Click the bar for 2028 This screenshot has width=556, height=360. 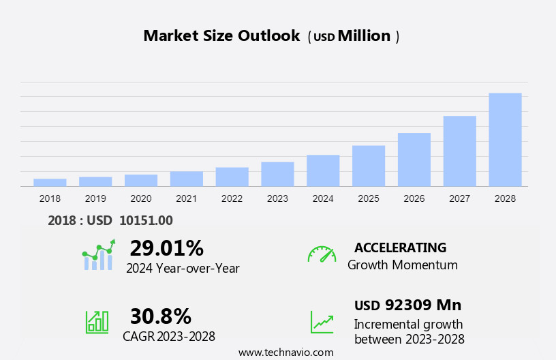coord(505,140)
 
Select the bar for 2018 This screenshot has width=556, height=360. coord(50,182)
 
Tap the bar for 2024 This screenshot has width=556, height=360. coord(323,170)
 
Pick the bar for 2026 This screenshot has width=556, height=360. coord(414,160)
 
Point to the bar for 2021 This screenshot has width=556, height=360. coord(187,179)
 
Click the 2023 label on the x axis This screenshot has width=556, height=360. coord(277,198)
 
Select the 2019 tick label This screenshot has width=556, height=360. coord(95,198)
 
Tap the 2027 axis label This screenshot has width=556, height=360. coord(459,198)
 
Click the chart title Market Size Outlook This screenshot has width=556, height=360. coord(221,36)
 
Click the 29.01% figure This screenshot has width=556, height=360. coord(166,248)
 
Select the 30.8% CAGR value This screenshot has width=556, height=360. coord(160,316)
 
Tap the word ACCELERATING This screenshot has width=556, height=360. coord(400,247)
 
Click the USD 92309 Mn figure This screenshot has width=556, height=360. coord(407,305)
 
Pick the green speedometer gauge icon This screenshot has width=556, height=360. coord(322,254)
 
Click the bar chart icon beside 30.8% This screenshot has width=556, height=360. coord(97,321)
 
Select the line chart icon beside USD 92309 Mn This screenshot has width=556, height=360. coord(322,321)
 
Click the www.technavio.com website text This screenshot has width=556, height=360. coord(285,352)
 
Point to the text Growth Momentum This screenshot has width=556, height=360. coord(402,265)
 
